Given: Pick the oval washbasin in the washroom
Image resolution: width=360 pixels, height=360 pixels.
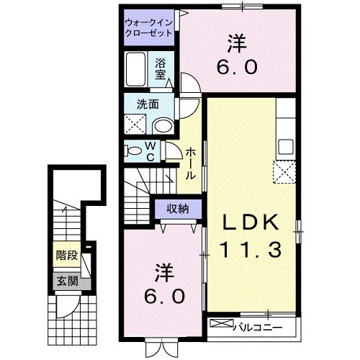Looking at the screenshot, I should tap(163, 126).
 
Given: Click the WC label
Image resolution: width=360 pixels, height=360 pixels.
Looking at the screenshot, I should tap(151, 151).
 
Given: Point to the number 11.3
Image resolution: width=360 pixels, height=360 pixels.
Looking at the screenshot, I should tap(253, 250).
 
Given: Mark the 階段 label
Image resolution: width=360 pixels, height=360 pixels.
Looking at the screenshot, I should tap(66, 255).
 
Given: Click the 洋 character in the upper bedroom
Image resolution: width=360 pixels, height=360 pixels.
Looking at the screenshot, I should tap(234, 44).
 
